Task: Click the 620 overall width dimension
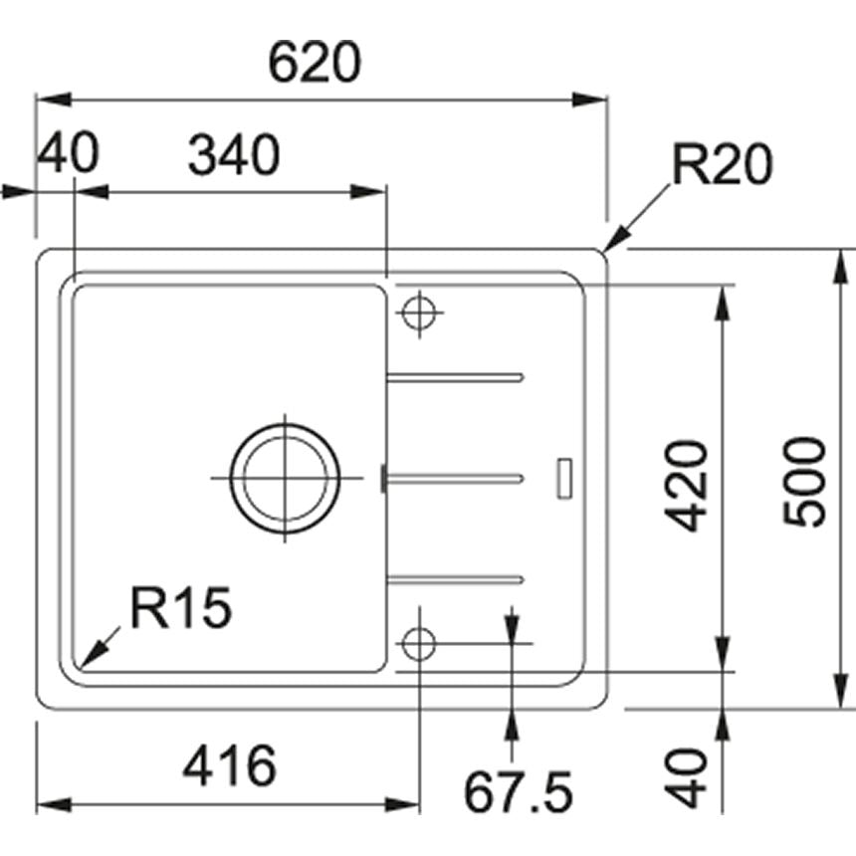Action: point(314,64)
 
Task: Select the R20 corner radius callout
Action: point(722,165)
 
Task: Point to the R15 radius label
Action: point(182,607)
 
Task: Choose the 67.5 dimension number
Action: point(518,793)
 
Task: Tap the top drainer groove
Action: point(455,376)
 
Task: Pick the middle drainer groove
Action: point(455,478)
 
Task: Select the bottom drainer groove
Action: point(455,576)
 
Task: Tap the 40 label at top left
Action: point(68,156)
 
